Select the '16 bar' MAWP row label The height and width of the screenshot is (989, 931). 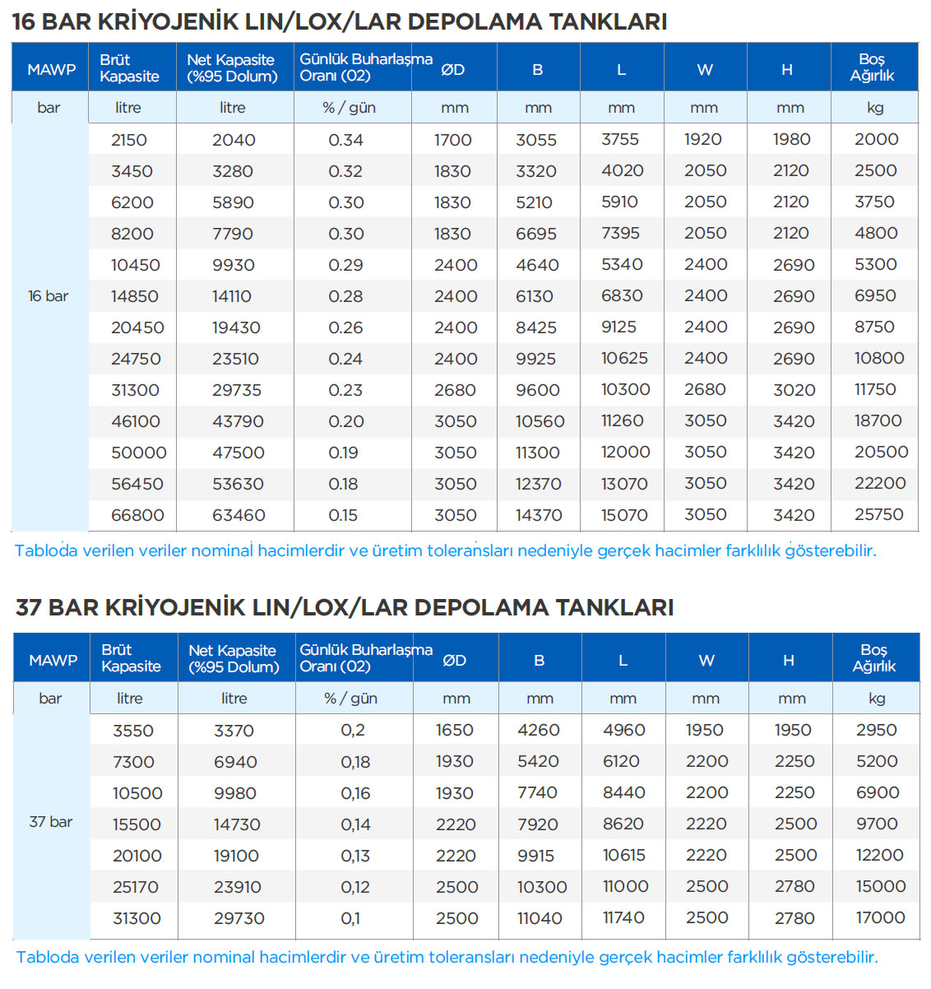point(48,296)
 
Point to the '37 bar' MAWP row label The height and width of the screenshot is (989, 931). point(50,822)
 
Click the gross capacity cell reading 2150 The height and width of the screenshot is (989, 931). point(129,140)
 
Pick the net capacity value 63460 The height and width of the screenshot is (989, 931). point(239,515)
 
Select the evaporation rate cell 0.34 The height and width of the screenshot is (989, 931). point(345,140)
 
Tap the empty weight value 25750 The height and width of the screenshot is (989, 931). point(878,514)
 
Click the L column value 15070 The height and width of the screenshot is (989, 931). point(624,515)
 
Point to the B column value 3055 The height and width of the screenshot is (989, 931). point(536,140)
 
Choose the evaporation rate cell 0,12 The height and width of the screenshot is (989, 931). point(355,887)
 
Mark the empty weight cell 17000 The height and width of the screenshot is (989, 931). point(880,917)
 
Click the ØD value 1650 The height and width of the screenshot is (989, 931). point(454,730)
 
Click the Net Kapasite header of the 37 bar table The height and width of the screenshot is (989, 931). point(234,658)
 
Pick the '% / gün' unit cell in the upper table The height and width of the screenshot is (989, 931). point(349,108)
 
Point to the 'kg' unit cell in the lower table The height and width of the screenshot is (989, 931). point(877,699)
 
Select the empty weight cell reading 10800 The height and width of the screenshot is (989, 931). point(879,358)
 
